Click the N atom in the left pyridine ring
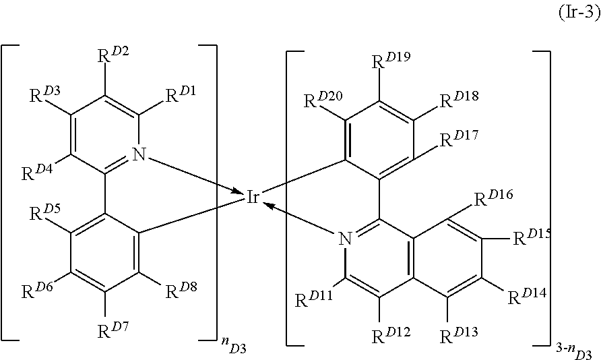tap(139, 155)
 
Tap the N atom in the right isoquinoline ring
tap(344, 238)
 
